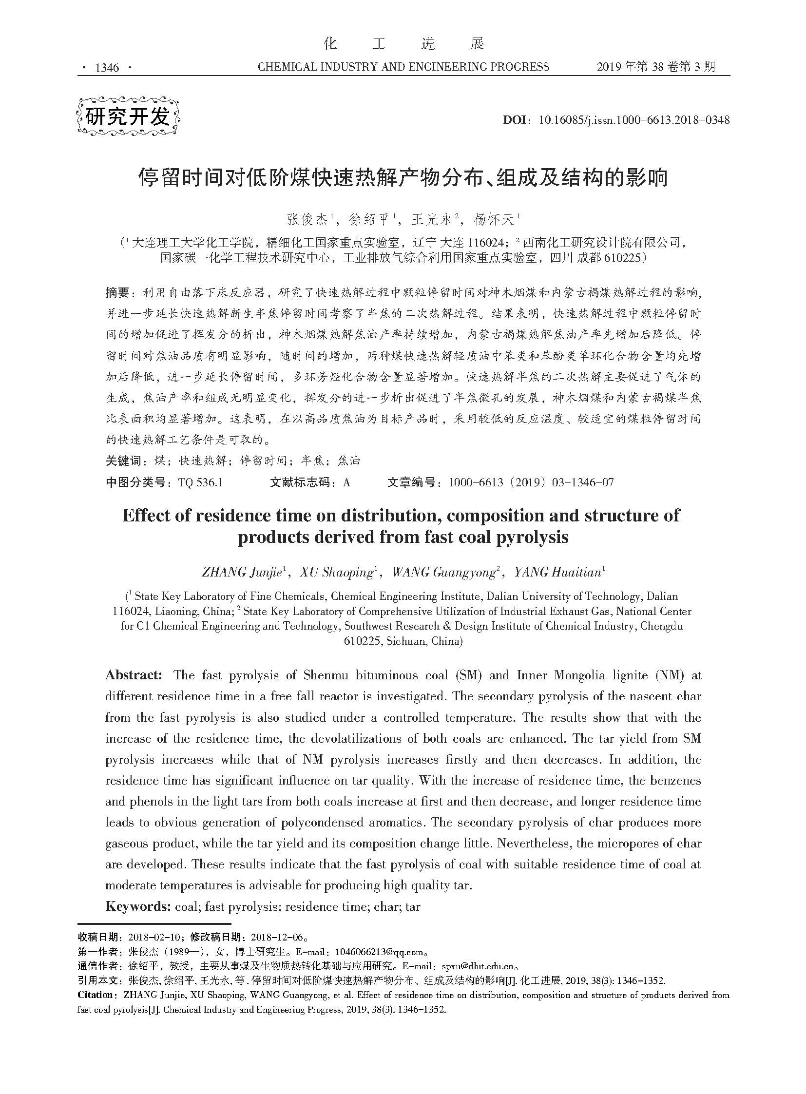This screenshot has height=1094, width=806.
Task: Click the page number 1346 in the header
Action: click(x=107, y=68)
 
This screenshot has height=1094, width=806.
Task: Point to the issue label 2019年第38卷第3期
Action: click(x=656, y=67)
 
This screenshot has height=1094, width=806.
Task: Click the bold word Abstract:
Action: click(x=134, y=675)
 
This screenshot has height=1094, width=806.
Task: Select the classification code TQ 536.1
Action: click(x=200, y=482)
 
